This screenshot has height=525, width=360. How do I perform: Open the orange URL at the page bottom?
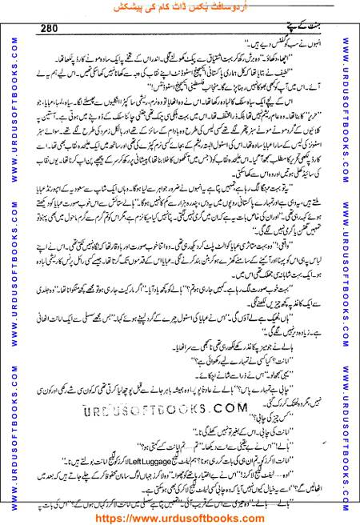point(179,516)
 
